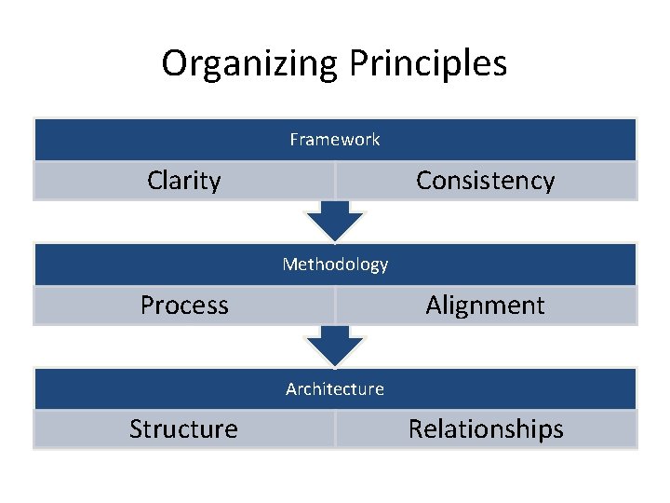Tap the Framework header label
point(335,140)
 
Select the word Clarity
point(183,180)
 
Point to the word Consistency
point(485,180)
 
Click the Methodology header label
point(335,265)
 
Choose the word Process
point(184,305)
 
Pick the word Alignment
point(485,305)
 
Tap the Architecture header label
point(335,388)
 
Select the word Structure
point(183,428)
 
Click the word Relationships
point(486,428)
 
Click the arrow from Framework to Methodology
point(335,222)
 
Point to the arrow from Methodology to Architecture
point(335,346)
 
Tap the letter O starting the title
point(173,63)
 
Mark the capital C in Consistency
point(423,181)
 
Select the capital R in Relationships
point(415,428)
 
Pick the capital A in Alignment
point(434,305)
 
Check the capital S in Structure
point(136,428)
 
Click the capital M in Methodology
point(289,265)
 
